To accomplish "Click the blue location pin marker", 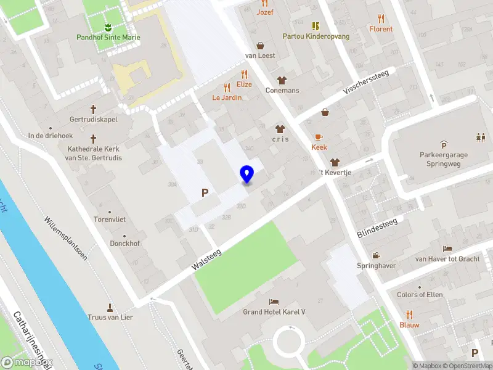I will pyautogui.click(x=247, y=175).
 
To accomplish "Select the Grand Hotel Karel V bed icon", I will pyautogui.click(x=274, y=302).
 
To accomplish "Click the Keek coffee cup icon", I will pyautogui.click(x=319, y=137).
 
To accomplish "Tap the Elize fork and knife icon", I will pyautogui.click(x=244, y=74).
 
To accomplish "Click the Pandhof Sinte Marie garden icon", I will pyautogui.click(x=108, y=27).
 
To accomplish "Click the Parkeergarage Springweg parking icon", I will pyautogui.click(x=442, y=144).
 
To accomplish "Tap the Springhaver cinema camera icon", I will pyautogui.click(x=376, y=255).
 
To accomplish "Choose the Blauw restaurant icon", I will pyautogui.click(x=409, y=314).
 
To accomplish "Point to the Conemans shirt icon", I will pyautogui.click(x=282, y=80).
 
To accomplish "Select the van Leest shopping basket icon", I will pyautogui.click(x=261, y=45).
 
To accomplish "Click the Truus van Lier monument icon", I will pyautogui.click(x=110, y=307).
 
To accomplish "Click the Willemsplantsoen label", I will pyautogui.click(x=65, y=238).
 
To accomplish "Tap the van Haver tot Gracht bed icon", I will pyautogui.click(x=447, y=249).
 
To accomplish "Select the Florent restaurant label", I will pyautogui.click(x=381, y=29).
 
